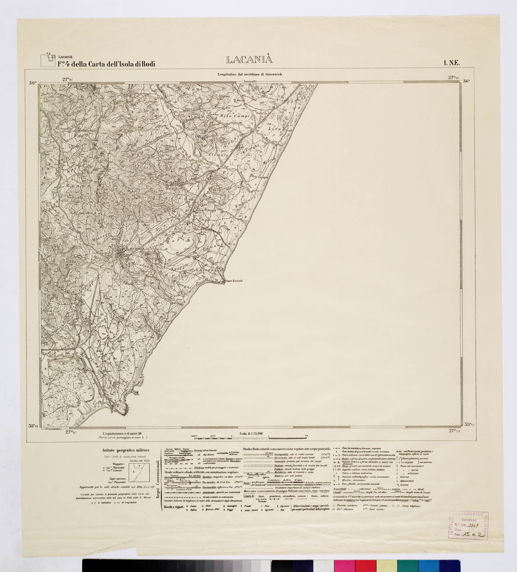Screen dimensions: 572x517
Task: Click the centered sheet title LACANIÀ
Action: coord(250,60)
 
